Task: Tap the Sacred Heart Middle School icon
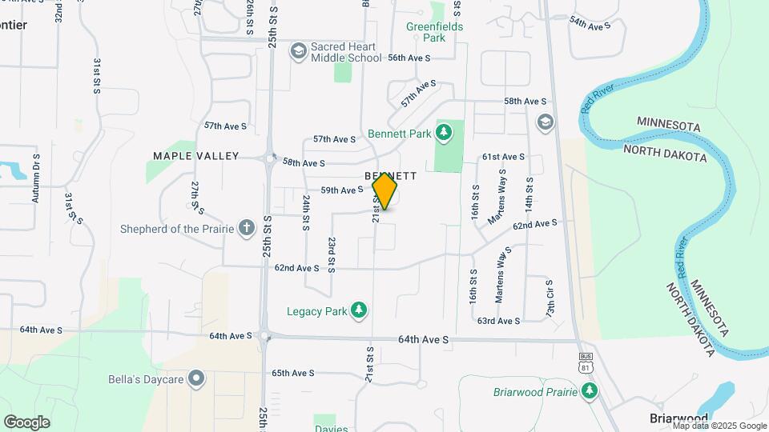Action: pos(299,52)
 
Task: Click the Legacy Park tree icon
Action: pos(360,310)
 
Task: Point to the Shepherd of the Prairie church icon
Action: pos(246,229)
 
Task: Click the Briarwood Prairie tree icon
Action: pos(590,390)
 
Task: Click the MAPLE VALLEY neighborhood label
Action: pos(196,155)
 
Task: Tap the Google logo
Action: pos(26,422)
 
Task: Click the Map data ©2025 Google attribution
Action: pos(719,426)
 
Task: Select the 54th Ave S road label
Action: pos(590,24)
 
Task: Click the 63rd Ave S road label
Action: pos(498,321)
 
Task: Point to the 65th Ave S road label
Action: pos(292,373)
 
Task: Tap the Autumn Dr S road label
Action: pos(36,178)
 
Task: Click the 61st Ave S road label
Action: pos(503,157)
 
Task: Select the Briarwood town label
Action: pos(678,418)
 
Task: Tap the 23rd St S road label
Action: pos(331,254)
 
